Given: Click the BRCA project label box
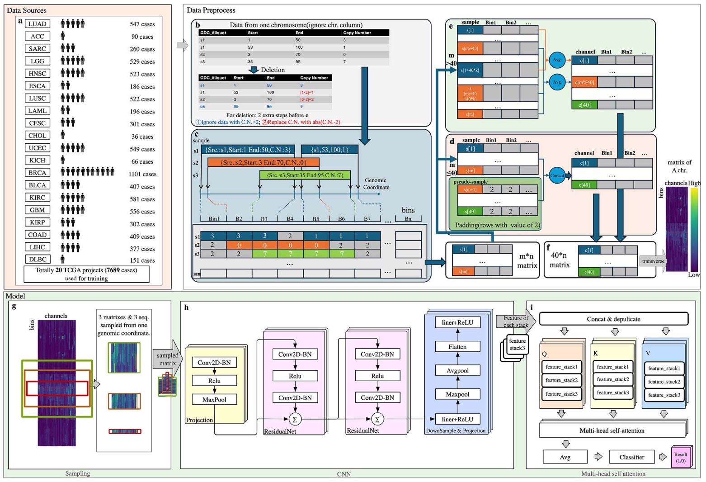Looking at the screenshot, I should pos(38,173).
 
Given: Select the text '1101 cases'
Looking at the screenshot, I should pos(142,174).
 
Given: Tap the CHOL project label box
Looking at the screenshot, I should pos(38,136).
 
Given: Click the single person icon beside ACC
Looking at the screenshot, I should pos(63,36).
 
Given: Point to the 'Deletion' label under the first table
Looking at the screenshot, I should pos(273,70).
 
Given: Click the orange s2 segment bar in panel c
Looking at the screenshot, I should pos(263,162).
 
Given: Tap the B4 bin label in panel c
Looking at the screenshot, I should pos(290,219).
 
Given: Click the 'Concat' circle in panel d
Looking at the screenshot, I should pos(557,175).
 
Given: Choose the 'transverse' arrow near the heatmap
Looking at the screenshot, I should pos(653,261).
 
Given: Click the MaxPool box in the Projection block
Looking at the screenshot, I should pos(214,400).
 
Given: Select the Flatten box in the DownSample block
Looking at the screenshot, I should pos(457,347).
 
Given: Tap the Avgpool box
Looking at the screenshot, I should pos(457,371).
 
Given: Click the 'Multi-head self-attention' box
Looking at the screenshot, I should pos(612,430).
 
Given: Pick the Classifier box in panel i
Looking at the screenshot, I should pos(631,457).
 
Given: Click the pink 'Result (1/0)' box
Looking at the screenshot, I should pos(681,457).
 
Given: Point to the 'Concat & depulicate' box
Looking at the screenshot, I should pos(613,319).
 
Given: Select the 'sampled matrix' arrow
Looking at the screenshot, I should pos(168,359).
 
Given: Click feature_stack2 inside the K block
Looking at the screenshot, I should pos(612,379).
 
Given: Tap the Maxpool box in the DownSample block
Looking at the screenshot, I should pos(457,394).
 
